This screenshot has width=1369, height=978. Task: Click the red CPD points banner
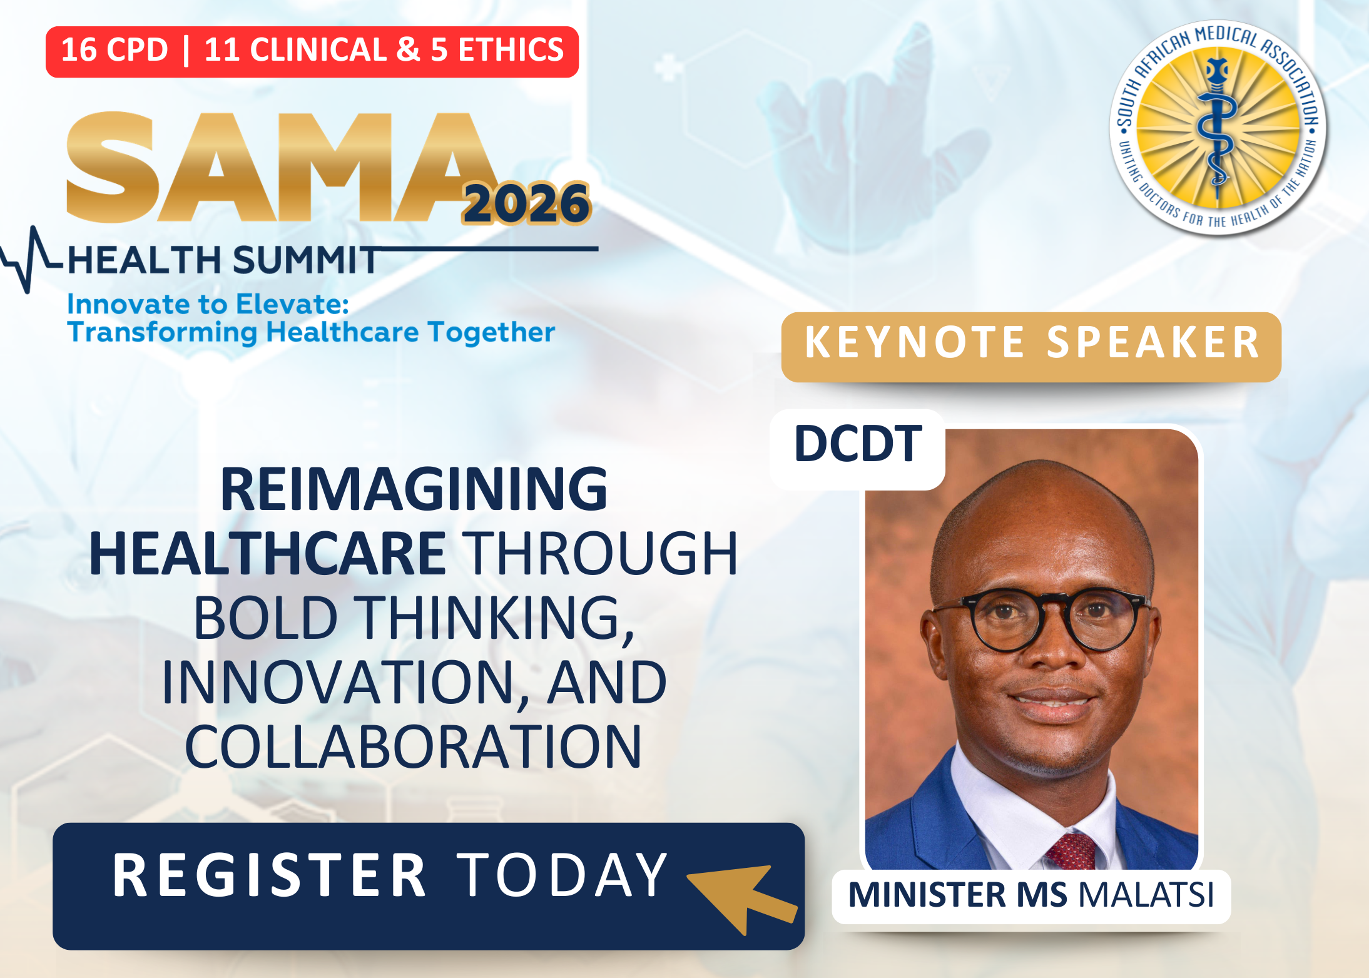[312, 51]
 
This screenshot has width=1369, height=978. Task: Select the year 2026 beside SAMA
[526, 203]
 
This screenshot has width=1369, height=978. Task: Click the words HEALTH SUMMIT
[223, 260]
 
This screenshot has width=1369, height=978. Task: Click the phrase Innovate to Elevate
[208, 304]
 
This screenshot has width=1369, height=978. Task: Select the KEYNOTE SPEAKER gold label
[1031, 347]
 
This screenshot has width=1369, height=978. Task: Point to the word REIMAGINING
[414, 489]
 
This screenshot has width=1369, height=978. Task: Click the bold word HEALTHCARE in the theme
[268, 553]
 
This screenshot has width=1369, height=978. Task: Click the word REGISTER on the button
[270, 875]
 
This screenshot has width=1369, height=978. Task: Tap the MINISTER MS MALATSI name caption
[1031, 895]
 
